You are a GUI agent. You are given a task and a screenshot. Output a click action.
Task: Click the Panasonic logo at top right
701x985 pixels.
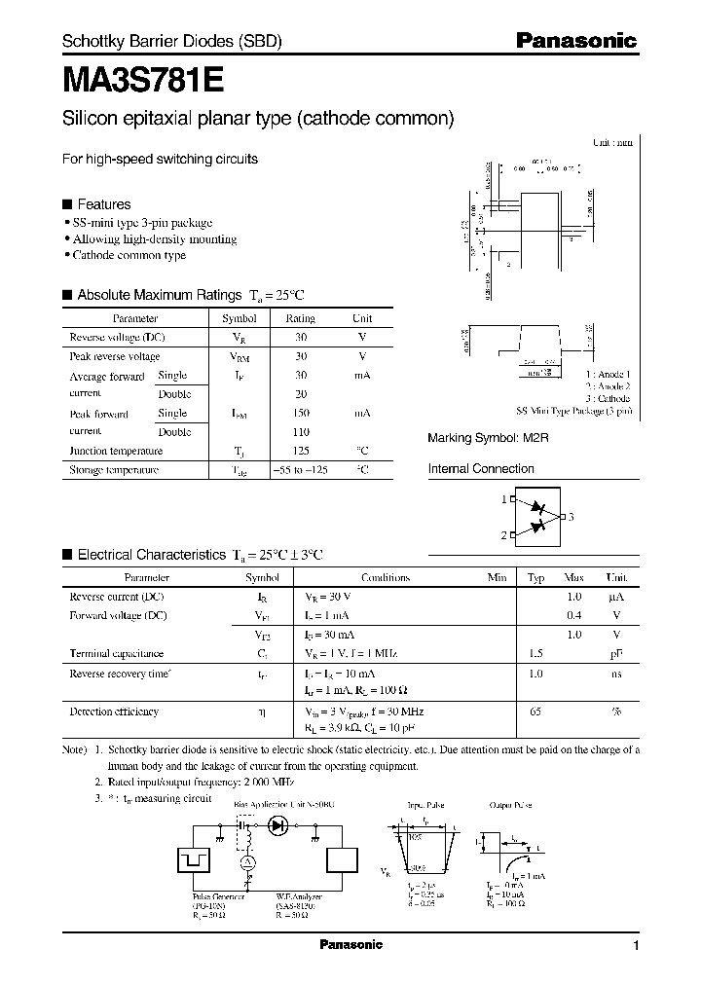575,41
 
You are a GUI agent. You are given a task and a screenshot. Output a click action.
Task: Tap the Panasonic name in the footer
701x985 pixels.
351,945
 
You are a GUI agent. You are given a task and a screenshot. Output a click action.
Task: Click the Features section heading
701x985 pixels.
103,204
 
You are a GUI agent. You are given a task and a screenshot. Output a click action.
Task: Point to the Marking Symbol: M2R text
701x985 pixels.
489,439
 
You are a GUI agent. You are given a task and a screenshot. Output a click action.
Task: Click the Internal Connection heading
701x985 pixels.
481,469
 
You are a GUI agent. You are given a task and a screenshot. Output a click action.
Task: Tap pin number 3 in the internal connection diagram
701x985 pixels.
572,517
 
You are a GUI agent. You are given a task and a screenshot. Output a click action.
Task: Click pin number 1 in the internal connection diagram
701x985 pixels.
503,499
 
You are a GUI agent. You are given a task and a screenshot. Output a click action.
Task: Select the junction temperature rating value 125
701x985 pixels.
301,452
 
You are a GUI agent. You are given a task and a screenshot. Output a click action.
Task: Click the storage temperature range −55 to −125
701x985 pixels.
301,470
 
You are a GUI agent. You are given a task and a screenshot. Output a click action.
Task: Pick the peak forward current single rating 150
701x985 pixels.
301,414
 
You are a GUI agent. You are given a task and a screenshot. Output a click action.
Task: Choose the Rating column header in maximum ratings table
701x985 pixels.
300,318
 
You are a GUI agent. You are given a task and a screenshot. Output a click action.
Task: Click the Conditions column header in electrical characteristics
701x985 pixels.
385,577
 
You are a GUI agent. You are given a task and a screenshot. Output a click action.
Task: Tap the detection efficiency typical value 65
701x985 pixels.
535,711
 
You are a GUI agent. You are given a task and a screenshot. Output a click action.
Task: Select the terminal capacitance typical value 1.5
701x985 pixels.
535,653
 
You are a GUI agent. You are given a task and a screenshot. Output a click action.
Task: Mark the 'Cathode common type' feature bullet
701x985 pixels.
129,255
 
